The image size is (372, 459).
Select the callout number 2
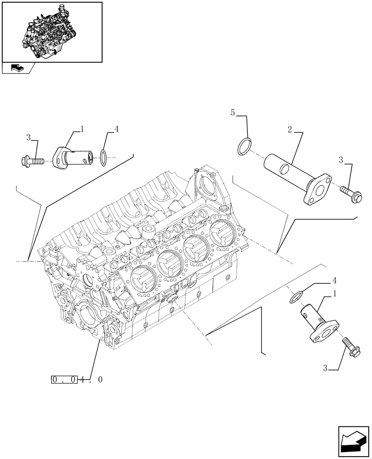click(290, 131)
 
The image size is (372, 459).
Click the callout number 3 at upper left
click(29, 137)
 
